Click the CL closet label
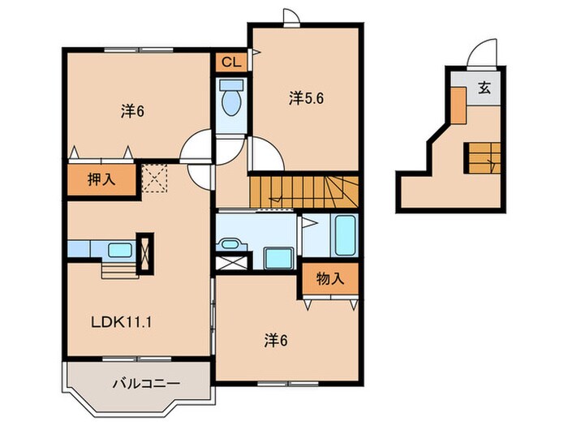click(x=230, y=62)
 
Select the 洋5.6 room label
click(x=306, y=98)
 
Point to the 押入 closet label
click(x=101, y=179)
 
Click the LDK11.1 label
click(x=121, y=322)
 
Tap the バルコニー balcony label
click(x=146, y=383)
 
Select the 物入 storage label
click(x=330, y=278)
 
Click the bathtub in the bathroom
click(x=345, y=235)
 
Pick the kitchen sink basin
click(x=120, y=250)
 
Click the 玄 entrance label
click(x=484, y=88)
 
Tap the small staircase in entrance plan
click(x=482, y=158)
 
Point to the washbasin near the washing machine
click(x=230, y=243)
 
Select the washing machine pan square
click(x=278, y=258)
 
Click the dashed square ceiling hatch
click(x=154, y=179)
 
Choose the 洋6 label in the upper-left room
click(x=132, y=111)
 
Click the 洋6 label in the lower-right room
click(x=276, y=341)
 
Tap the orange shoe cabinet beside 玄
click(x=458, y=105)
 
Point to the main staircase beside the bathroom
click(x=303, y=192)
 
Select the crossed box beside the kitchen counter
click(x=145, y=253)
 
